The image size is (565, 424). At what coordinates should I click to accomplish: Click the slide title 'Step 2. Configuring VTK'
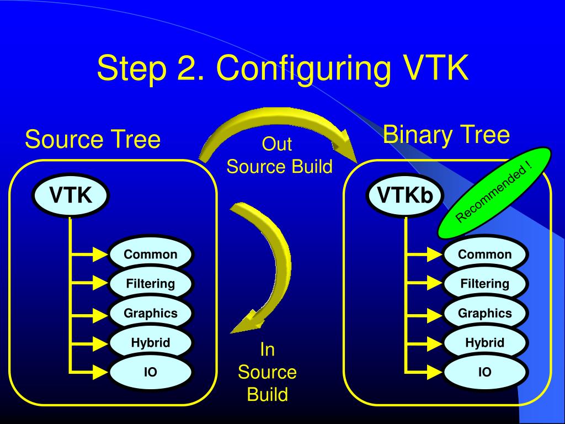pos(282,68)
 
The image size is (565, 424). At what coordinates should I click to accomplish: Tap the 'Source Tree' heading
pos(93,140)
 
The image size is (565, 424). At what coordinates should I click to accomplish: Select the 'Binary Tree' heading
pos(446,135)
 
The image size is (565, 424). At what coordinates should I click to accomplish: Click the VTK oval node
pos(70,195)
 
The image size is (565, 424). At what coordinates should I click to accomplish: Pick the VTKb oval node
pos(405,195)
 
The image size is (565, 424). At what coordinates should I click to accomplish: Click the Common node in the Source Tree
pos(151,255)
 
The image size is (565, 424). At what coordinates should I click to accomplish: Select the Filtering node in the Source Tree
pos(151,284)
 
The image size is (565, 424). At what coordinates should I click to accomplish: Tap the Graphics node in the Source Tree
pos(151,313)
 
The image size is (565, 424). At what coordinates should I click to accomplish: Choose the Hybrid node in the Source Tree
pos(151,342)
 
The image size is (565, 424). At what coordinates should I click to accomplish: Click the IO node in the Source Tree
pos(151,372)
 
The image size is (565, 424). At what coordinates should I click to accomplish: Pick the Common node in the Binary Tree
pos(485,255)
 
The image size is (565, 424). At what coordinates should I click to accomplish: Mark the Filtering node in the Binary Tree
pos(485,284)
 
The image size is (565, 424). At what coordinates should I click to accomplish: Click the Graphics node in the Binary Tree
pos(485,313)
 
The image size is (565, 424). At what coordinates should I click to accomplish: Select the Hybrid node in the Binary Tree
pos(485,342)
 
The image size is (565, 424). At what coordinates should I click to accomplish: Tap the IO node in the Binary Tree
pos(485,372)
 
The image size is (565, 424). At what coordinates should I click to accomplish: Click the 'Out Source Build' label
pos(279,156)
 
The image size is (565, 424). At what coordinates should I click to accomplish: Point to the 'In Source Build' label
pos(267,372)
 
